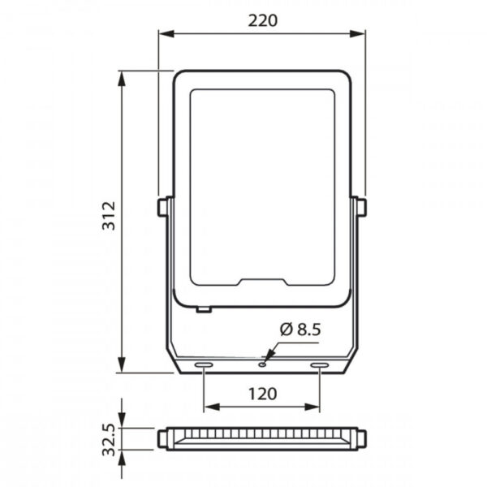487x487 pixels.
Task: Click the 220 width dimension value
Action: [x=260, y=22]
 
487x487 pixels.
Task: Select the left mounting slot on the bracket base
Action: [x=201, y=367]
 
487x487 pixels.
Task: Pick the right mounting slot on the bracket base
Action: [x=321, y=367]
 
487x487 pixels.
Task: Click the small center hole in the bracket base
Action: [x=262, y=364]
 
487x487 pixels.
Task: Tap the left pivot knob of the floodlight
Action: [x=162, y=207]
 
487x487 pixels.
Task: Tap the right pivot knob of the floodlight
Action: [x=360, y=207]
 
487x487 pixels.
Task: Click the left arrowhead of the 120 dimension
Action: [x=207, y=406]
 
